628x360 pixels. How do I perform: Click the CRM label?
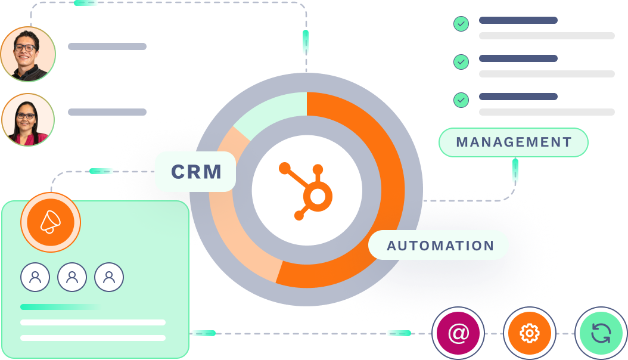point(195,172)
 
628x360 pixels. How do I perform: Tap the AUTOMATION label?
point(440,246)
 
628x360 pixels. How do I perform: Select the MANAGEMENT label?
point(514,142)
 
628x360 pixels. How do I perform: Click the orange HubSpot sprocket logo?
point(306,190)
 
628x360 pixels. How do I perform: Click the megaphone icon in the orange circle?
point(51,222)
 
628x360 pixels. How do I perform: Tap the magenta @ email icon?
point(458,333)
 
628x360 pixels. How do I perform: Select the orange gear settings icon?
point(529,333)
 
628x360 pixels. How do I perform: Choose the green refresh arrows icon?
point(601,333)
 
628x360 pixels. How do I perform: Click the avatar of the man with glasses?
point(27,54)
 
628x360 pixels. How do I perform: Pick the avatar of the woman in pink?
point(27,120)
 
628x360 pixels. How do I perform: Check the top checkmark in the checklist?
point(461,24)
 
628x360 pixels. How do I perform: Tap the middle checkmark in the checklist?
point(461,62)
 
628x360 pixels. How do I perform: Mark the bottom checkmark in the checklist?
point(461,100)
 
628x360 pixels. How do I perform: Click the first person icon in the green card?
point(35,277)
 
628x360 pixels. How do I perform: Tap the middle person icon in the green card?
point(72,277)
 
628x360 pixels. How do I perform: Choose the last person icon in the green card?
point(109,277)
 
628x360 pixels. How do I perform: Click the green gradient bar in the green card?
point(60,307)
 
